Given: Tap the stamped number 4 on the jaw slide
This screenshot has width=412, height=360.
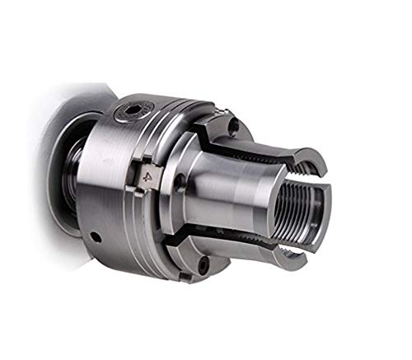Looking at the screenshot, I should click(x=147, y=174).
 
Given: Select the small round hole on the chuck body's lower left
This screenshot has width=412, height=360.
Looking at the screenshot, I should click(x=96, y=238).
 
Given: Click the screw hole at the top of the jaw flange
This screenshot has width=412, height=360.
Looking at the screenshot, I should click(x=233, y=126).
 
